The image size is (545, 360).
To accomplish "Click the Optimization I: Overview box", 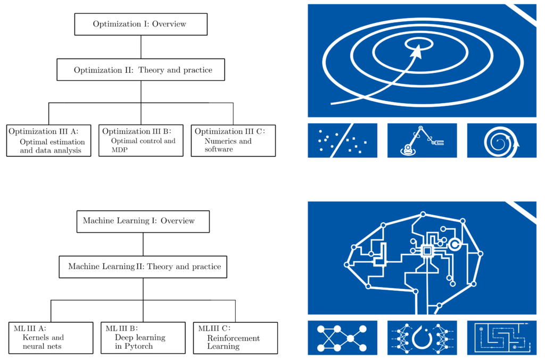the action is (x=141, y=24).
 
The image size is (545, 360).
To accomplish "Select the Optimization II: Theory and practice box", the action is (x=141, y=70).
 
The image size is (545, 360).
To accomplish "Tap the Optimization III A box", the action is (x=48, y=140).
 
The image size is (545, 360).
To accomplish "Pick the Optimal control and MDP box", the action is (x=141, y=140).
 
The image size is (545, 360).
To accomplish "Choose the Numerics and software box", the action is (x=233, y=140).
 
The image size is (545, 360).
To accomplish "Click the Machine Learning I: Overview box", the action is (x=143, y=222).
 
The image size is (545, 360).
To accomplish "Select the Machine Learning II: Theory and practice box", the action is (x=143, y=267).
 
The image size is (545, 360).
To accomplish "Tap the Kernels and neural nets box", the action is (x=51, y=338).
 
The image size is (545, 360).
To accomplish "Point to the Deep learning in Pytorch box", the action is (x=143, y=338).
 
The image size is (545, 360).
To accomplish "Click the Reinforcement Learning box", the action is (x=235, y=338).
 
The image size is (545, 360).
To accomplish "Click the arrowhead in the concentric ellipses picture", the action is (x=417, y=52).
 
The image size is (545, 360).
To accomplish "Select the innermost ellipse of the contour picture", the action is (x=419, y=39).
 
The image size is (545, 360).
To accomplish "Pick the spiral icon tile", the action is (x=501, y=140).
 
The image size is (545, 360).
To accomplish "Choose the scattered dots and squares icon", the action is (x=342, y=140).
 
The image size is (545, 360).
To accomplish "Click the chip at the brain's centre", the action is (x=427, y=251).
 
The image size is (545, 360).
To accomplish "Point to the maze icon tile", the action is (x=501, y=338).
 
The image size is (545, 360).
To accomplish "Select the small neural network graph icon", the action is (x=342, y=338).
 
